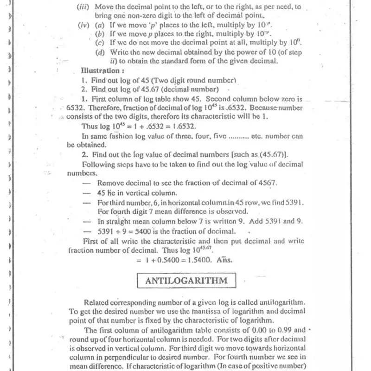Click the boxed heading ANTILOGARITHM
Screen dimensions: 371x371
click(x=186, y=281)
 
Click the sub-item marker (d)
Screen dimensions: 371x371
click(x=100, y=52)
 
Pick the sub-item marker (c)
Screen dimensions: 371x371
click(x=100, y=43)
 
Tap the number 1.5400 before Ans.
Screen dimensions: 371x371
click(x=201, y=260)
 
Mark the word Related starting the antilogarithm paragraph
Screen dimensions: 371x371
click(x=98, y=301)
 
